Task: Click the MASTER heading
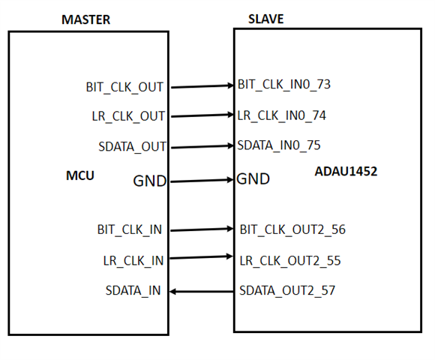pyautogui.click(x=85, y=19)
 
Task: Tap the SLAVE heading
pyautogui.click(x=265, y=19)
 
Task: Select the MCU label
pyautogui.click(x=80, y=175)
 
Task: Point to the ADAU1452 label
pyautogui.click(x=346, y=171)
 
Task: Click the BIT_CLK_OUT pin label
pyautogui.click(x=124, y=88)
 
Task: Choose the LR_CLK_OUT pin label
pyautogui.click(x=128, y=116)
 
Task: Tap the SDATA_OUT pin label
pyautogui.click(x=132, y=147)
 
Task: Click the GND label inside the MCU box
pyautogui.click(x=149, y=181)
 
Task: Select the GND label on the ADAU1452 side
pyautogui.click(x=253, y=179)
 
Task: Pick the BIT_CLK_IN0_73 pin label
pyautogui.click(x=284, y=85)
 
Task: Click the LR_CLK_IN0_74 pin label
pyautogui.click(x=281, y=115)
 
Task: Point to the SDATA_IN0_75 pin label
pyautogui.click(x=279, y=145)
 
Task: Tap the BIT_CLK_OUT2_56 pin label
pyautogui.click(x=292, y=230)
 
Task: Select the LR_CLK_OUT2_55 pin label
pyautogui.click(x=290, y=261)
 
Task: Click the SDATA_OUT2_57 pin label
pyautogui.click(x=287, y=291)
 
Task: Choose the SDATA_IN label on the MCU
pyautogui.click(x=133, y=291)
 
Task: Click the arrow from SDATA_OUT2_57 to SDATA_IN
pyautogui.click(x=202, y=292)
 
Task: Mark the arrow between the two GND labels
pyautogui.click(x=202, y=181)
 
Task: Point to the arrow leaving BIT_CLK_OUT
pyautogui.click(x=202, y=86)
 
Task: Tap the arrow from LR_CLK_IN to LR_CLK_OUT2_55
pyautogui.click(x=202, y=257)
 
